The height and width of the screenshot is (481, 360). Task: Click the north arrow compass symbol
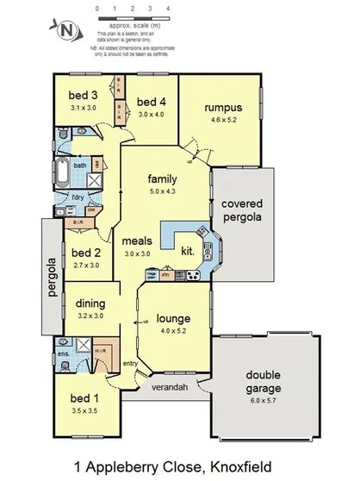click(67, 31)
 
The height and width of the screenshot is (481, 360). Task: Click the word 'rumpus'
click(221, 108)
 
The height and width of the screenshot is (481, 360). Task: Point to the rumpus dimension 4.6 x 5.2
click(221, 121)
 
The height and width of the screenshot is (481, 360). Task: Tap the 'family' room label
click(162, 178)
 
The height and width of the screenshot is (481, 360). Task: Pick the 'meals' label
click(138, 241)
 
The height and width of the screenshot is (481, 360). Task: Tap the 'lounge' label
click(174, 317)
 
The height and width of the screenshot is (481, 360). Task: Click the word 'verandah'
click(171, 388)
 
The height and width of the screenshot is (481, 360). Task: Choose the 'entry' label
click(130, 364)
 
